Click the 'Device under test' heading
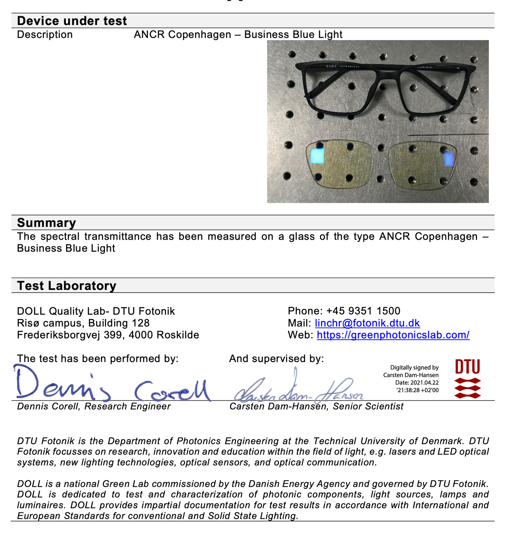72,21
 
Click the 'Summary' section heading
46,223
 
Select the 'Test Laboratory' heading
67,286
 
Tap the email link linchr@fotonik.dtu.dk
367,323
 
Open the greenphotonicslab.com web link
393,335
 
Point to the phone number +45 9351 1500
363,311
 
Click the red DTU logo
467,379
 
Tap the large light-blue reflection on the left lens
317,156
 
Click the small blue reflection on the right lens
448,159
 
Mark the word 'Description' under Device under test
45,35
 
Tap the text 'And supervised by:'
277,359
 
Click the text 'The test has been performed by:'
98,359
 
